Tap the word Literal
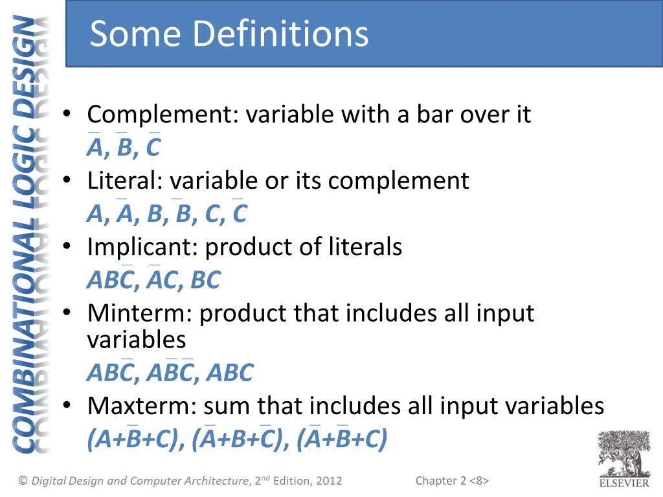pos(125,181)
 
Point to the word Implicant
pos(142,247)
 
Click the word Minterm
pos(139,313)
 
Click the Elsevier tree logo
pos(624,453)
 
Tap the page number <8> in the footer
pos(479,480)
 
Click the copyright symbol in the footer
pos(23,481)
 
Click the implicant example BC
pos(205,280)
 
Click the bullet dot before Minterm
pos(67,313)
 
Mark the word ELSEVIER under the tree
pos(624,483)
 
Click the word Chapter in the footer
pos(436,481)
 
